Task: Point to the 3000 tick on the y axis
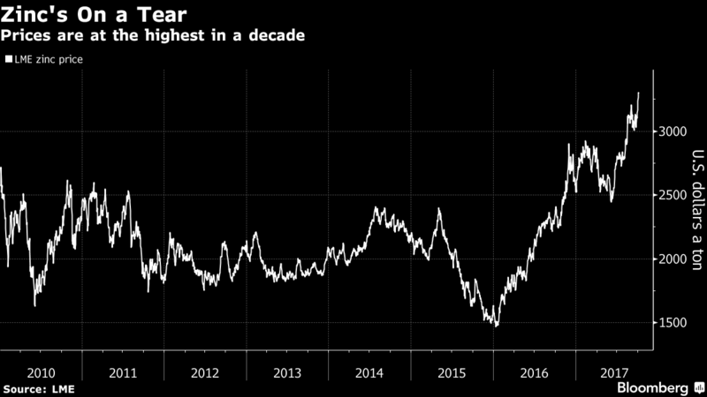pos(673,131)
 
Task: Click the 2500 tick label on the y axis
pos(673,195)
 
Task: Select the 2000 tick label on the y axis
pos(673,258)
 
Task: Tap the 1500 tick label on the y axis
pos(673,323)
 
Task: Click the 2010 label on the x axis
pos(41,371)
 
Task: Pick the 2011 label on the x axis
pos(123,371)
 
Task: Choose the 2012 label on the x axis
pos(205,371)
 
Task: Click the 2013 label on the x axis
pos(287,371)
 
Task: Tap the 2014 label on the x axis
pos(369,371)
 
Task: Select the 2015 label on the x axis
pos(452,371)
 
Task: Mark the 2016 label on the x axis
pos(534,371)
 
